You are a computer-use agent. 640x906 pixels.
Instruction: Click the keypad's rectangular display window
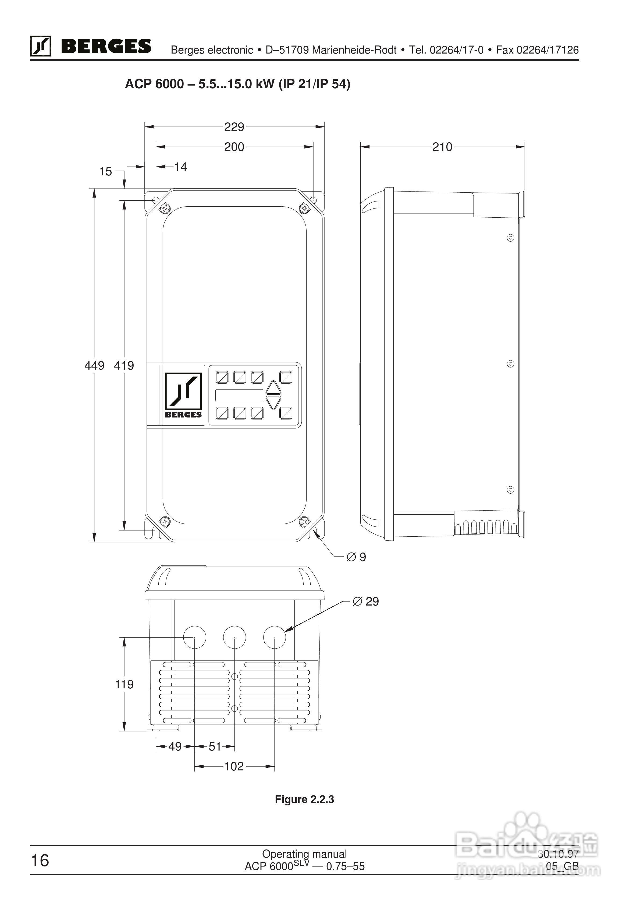239,395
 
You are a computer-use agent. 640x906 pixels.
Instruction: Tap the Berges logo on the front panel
183,395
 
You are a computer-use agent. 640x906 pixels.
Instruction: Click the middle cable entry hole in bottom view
234,637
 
